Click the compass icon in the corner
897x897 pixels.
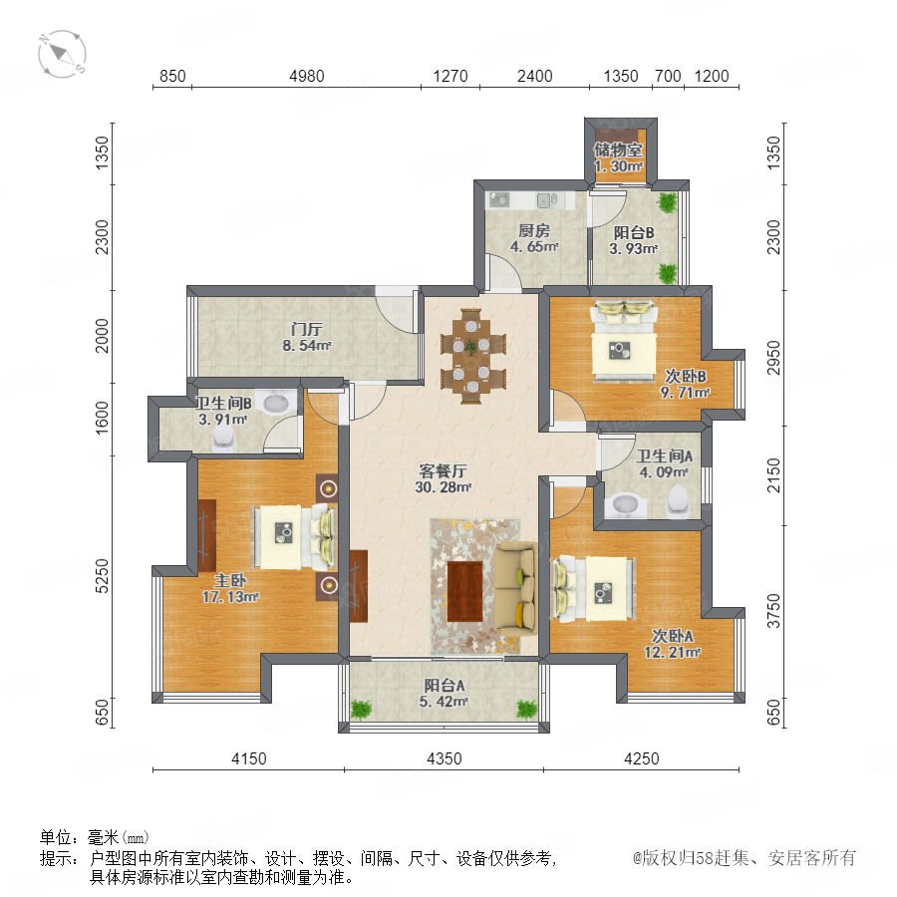click(x=62, y=54)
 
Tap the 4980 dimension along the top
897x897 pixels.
click(x=307, y=76)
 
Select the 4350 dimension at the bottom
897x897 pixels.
click(x=444, y=758)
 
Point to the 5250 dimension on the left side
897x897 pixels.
click(x=102, y=575)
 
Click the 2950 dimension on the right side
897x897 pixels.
click(x=773, y=358)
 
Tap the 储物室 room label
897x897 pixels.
click(x=618, y=149)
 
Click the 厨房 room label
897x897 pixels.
click(x=534, y=230)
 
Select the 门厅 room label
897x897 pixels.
click(x=307, y=330)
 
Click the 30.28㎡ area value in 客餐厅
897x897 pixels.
click(x=444, y=487)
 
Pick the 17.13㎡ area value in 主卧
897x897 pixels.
click(x=230, y=597)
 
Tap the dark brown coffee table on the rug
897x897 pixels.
click(x=464, y=591)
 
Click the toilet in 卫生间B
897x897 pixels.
click(x=223, y=439)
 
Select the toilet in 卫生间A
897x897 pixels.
click(x=679, y=499)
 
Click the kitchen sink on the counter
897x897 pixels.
click(x=543, y=199)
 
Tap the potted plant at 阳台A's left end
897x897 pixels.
click(x=361, y=710)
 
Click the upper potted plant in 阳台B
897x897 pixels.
click(x=667, y=202)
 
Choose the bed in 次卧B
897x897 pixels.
click(x=624, y=341)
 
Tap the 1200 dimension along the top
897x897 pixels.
click(x=712, y=76)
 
